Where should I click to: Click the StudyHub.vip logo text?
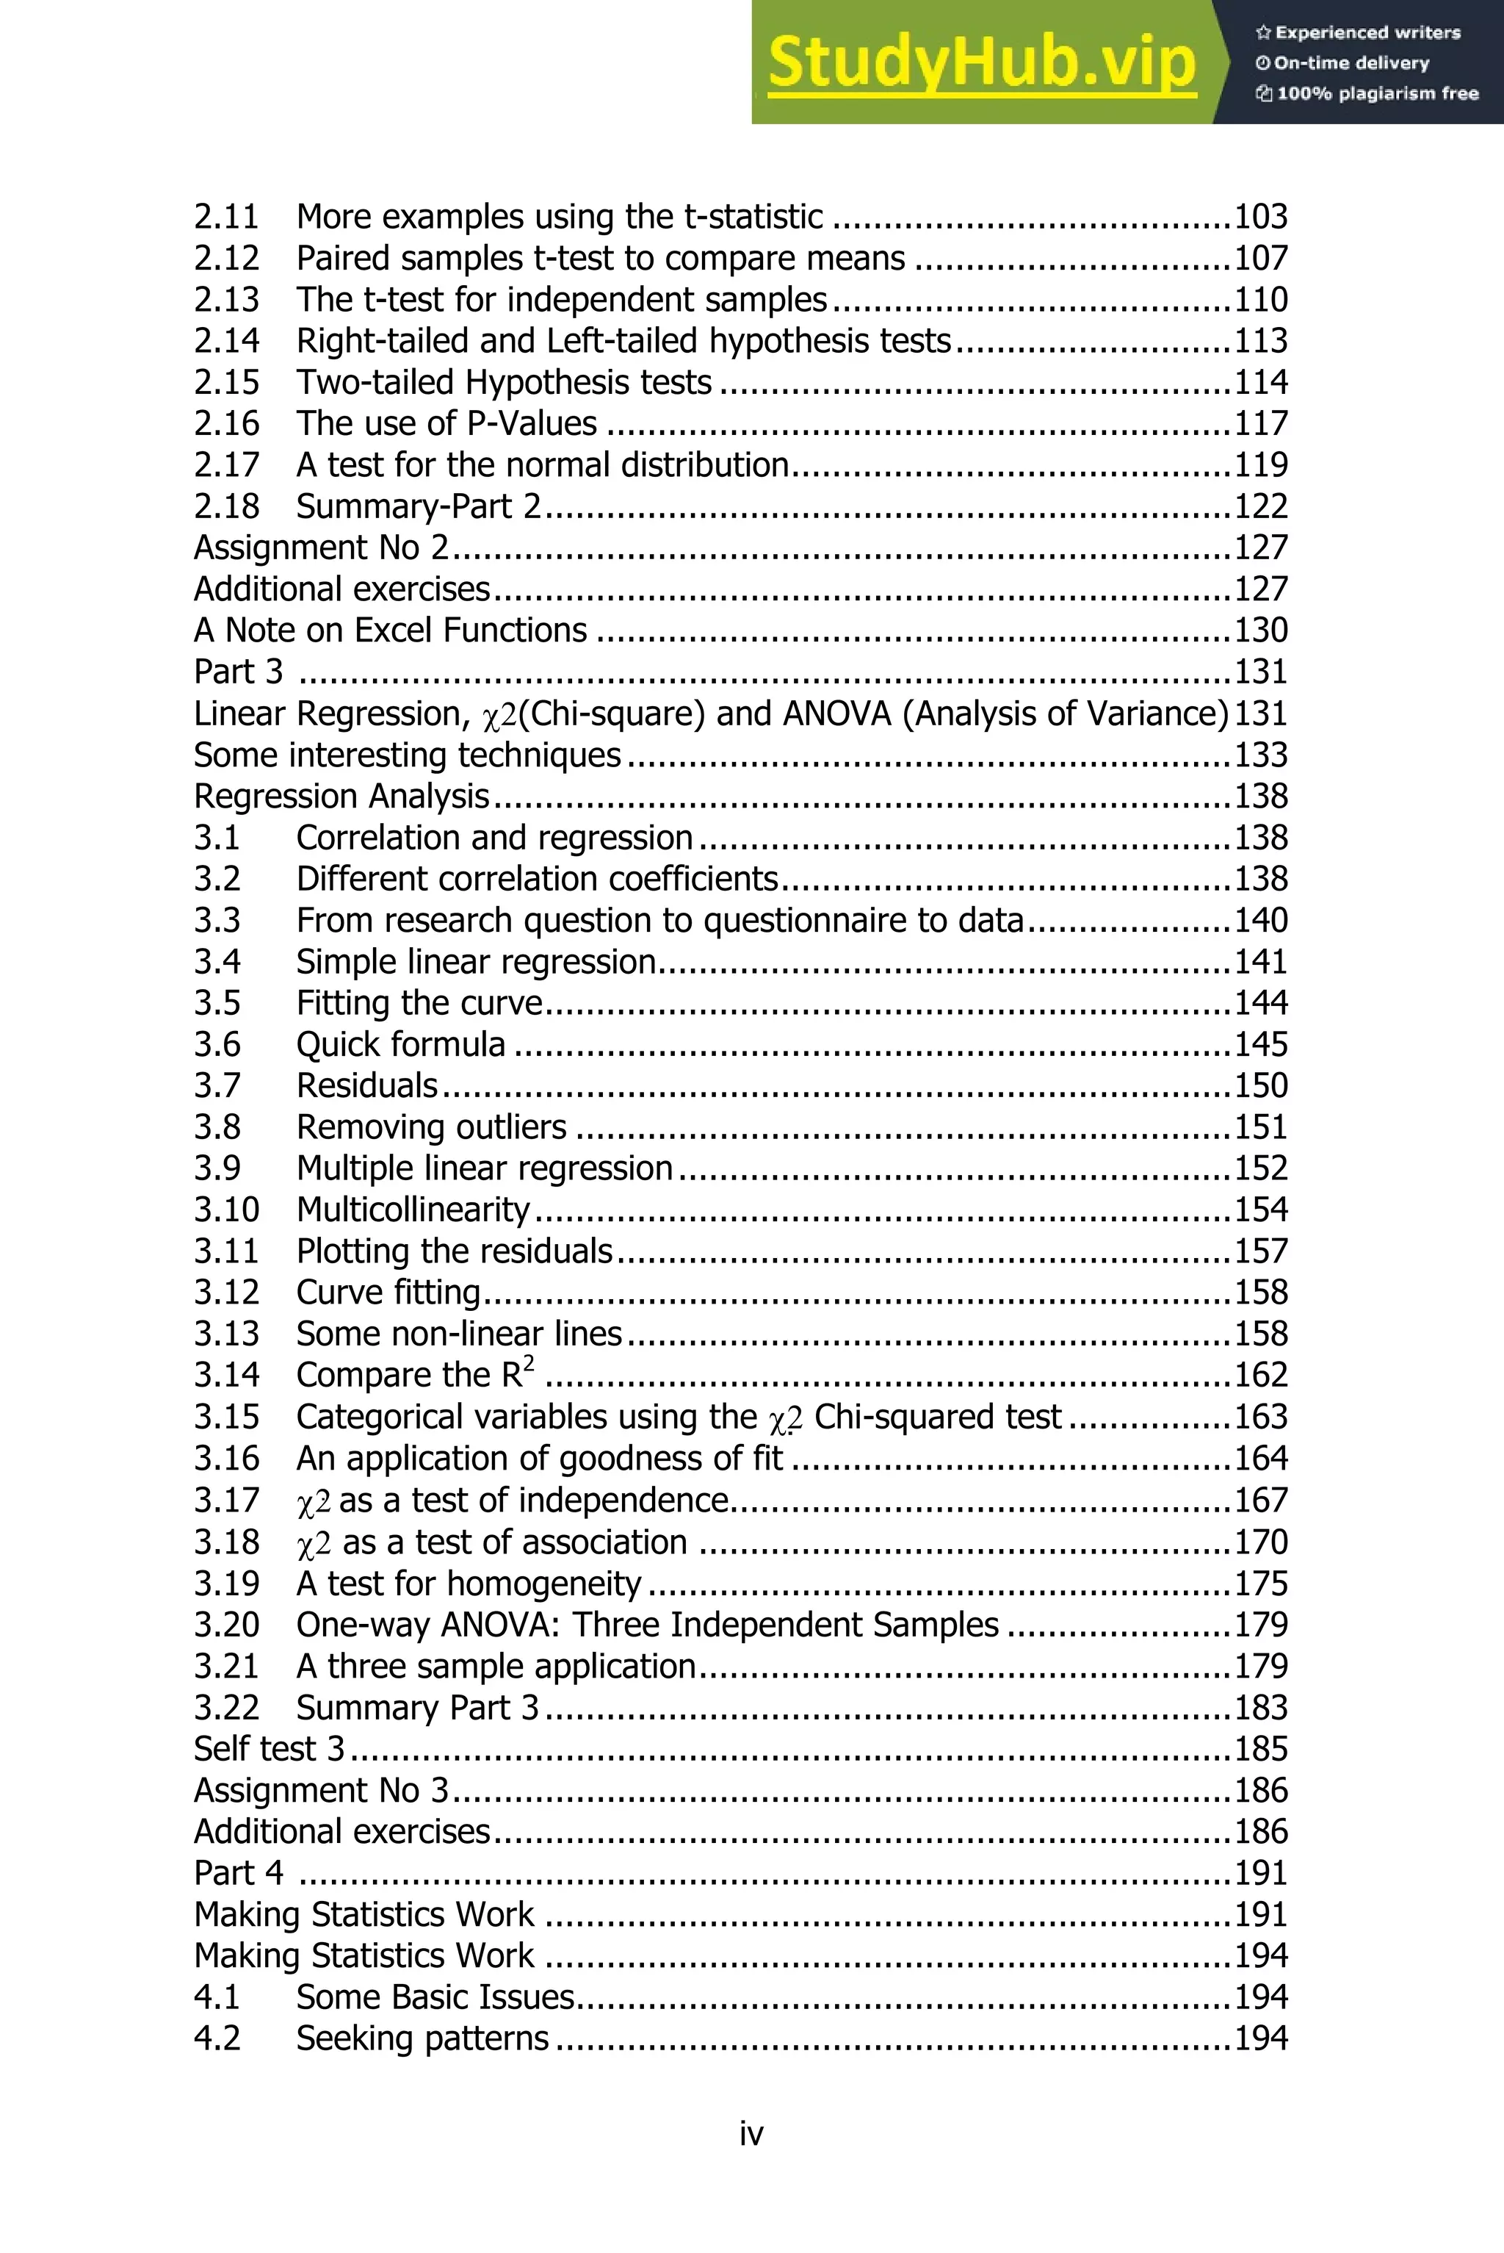(x=981, y=63)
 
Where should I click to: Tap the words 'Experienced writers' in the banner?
(x=1367, y=32)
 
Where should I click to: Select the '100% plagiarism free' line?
(x=1376, y=93)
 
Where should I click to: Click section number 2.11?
(x=226, y=217)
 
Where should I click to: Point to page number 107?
(x=1260, y=258)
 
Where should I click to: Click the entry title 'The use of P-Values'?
(x=446, y=423)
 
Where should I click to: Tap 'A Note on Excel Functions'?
(x=391, y=630)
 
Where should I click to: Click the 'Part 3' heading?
(x=238, y=671)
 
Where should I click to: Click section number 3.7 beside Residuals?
(x=217, y=1085)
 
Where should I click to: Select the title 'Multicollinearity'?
(x=413, y=1209)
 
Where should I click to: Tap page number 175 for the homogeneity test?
(x=1260, y=1584)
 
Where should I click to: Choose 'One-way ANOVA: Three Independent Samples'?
(x=648, y=1625)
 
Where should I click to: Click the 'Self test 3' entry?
(x=269, y=1748)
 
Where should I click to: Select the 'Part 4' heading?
(x=238, y=1872)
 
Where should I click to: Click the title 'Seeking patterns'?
(x=422, y=2037)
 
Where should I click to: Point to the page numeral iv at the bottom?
(x=751, y=2134)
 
